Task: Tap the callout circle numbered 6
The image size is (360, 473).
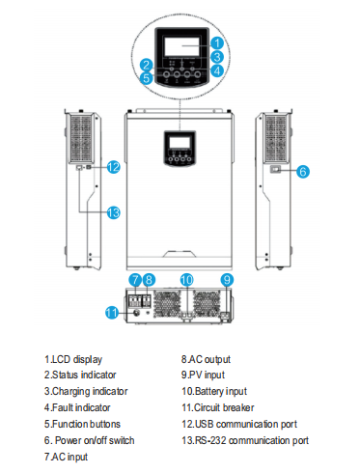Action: (x=302, y=171)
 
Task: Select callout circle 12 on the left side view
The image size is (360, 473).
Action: (x=113, y=166)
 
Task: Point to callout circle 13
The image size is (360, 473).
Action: (x=113, y=211)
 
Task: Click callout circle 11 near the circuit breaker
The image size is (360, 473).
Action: (x=112, y=312)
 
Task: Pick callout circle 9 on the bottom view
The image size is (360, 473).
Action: (x=226, y=279)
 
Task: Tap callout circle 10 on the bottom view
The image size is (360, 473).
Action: (x=187, y=279)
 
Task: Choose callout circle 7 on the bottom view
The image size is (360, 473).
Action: (x=135, y=279)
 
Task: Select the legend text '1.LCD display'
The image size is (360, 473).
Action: (x=73, y=359)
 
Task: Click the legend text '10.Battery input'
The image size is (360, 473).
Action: (x=215, y=391)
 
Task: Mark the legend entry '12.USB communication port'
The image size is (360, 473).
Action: (x=239, y=424)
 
